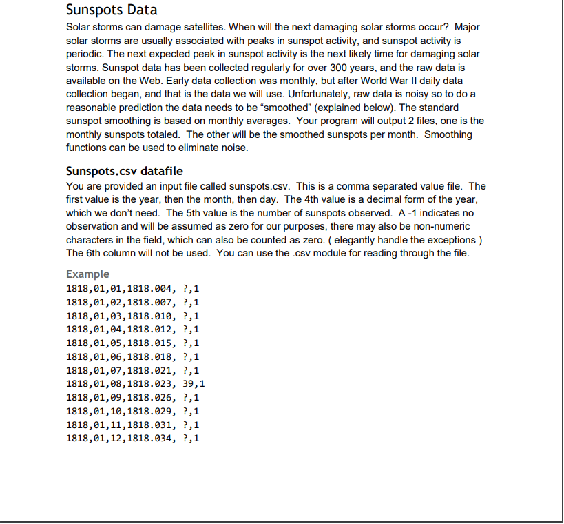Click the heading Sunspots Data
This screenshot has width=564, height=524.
[112, 10]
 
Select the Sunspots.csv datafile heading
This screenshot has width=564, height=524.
[125, 171]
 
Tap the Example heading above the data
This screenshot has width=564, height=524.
[87, 274]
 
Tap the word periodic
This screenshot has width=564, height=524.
[84, 54]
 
